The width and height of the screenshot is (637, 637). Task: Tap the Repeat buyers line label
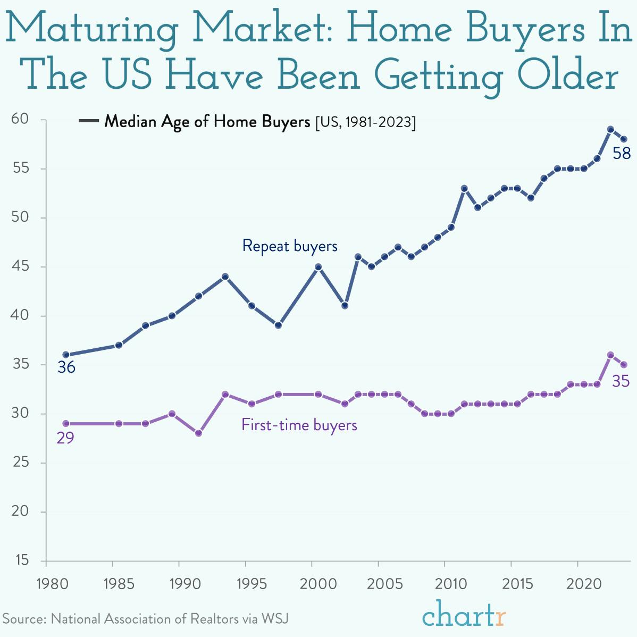click(290, 246)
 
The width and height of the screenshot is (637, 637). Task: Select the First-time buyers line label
click(299, 425)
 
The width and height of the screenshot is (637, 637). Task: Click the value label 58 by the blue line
click(621, 154)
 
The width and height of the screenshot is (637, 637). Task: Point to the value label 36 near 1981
click(66, 367)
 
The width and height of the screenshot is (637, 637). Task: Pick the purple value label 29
click(65, 438)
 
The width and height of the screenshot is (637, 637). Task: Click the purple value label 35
click(621, 381)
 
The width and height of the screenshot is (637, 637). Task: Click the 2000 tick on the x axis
click(312, 583)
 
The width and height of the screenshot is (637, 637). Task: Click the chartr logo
click(464, 615)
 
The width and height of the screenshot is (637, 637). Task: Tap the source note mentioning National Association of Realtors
click(146, 619)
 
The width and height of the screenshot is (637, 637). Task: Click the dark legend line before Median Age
click(88, 122)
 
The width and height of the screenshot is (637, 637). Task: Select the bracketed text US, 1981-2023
click(365, 122)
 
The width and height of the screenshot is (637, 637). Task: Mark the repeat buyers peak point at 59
click(610, 129)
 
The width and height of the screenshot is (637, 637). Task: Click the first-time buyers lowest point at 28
click(198, 433)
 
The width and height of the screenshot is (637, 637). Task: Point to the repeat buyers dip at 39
click(278, 325)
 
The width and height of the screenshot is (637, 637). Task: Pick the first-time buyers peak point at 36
click(610, 355)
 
